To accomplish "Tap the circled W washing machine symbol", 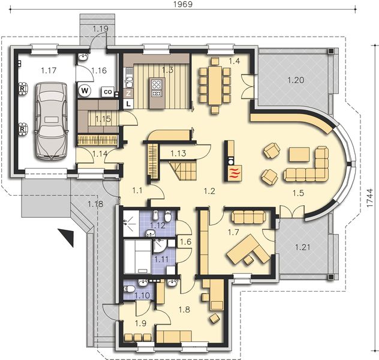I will pyautogui.click(x=84, y=91).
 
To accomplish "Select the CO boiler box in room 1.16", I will pyautogui.click(x=107, y=92).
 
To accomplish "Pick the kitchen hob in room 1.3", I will pyautogui.click(x=157, y=88).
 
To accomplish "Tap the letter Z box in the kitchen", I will pyautogui.click(x=128, y=94).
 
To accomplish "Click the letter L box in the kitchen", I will pyautogui.click(x=128, y=104).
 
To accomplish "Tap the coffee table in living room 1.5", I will pyautogui.click(x=298, y=155).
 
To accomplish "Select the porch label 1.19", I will pyautogui.click(x=100, y=28).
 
